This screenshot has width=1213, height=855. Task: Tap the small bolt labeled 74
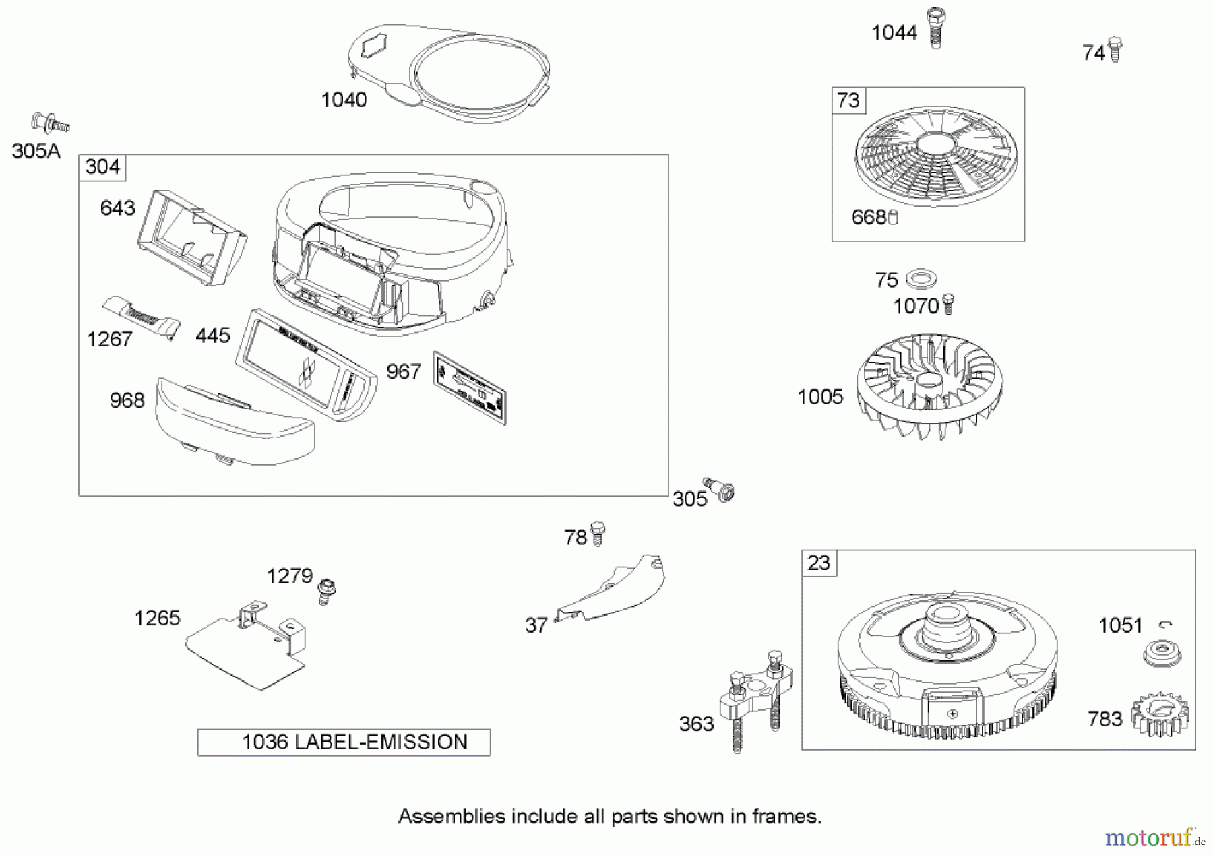(1115, 49)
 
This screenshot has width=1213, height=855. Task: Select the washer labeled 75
(921, 278)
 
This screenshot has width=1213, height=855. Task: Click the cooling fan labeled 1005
(929, 386)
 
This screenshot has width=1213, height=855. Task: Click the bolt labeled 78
(597, 533)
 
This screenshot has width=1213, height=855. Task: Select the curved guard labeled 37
(613, 588)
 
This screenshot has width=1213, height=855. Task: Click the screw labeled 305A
(50, 123)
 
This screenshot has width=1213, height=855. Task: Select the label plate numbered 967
(470, 387)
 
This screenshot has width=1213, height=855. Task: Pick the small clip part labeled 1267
(142, 316)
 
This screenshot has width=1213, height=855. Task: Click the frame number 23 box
(819, 563)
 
